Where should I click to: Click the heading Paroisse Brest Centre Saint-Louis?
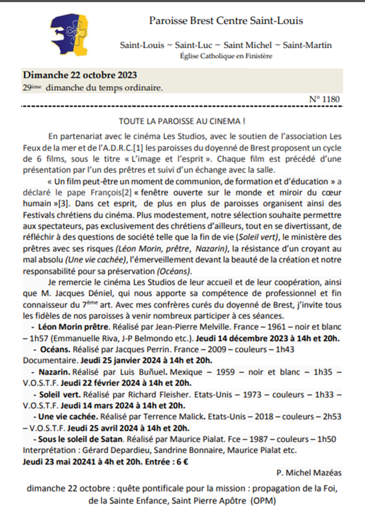(226, 20)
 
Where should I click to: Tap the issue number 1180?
(325, 99)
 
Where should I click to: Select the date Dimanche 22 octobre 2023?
(80, 75)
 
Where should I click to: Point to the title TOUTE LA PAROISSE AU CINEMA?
(182, 122)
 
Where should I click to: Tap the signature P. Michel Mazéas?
(309, 473)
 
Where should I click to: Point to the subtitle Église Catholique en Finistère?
(226, 56)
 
